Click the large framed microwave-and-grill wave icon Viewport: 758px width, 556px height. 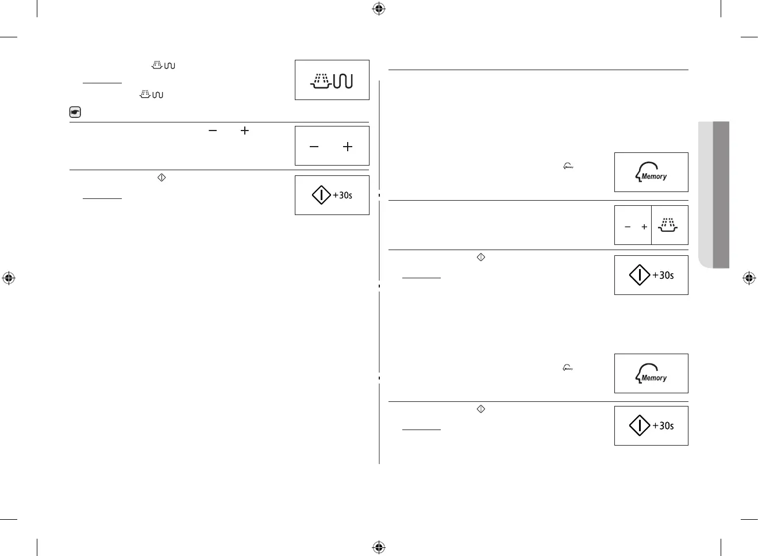point(332,80)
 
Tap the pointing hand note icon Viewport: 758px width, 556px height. point(75,112)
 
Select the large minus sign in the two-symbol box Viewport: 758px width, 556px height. point(314,147)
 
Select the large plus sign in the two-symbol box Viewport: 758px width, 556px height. point(348,147)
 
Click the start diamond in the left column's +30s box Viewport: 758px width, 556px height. point(321,195)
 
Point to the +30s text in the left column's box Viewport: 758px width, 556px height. point(343,195)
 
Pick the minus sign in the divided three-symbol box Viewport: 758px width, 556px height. point(628,227)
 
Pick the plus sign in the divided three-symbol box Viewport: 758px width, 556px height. point(644,227)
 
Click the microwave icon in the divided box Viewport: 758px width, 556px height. point(668,225)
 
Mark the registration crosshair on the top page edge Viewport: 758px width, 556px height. point(379,9)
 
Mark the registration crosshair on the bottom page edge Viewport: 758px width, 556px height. point(379,547)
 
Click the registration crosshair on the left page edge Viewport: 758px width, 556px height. point(9,278)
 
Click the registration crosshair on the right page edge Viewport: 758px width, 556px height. point(749,278)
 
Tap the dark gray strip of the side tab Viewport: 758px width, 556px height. point(721,194)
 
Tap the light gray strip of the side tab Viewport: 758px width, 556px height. point(705,194)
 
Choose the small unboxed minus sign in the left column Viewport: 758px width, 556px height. point(213,131)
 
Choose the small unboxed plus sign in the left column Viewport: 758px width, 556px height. point(245,131)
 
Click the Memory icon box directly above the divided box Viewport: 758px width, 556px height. point(651,172)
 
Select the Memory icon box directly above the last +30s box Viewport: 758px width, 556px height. point(651,373)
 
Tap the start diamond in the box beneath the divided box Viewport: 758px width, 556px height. point(640,275)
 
